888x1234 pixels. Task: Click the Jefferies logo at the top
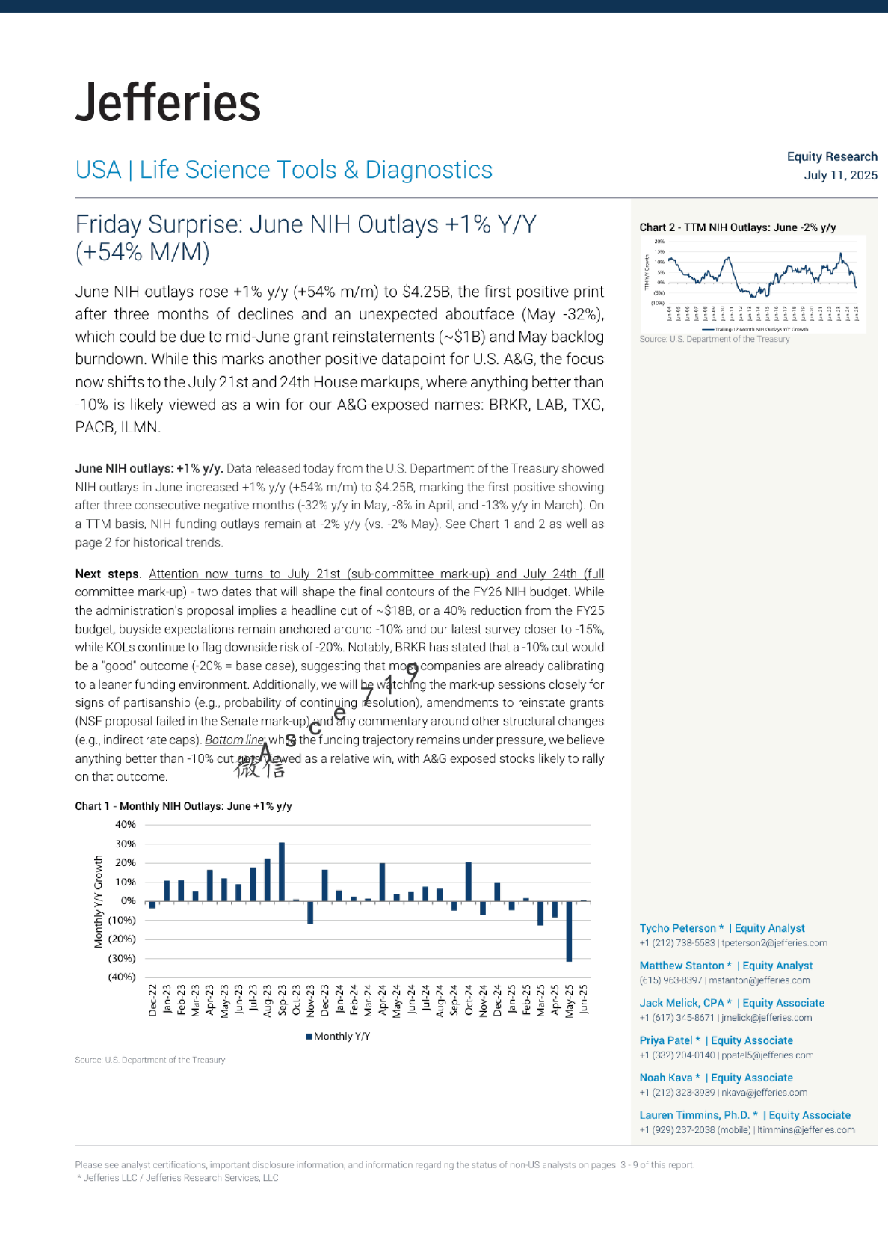coord(168,102)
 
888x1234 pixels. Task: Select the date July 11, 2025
coord(840,175)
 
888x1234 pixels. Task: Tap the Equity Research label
coord(832,156)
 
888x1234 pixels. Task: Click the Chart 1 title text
coord(183,806)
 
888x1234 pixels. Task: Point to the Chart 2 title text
coord(737,227)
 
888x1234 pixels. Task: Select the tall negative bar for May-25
coord(569,931)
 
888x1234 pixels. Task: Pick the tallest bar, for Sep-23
coord(282,872)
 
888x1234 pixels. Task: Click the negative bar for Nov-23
coord(310,912)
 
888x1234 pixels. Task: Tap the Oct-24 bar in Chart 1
coord(469,882)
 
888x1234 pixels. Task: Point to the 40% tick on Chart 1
coord(126,825)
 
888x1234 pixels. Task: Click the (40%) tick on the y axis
coord(123,977)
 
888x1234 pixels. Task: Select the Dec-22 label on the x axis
coord(153,1000)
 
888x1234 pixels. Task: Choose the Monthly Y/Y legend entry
coord(339,1036)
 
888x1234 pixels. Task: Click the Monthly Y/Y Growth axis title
coord(99,902)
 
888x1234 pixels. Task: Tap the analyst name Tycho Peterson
coord(677,928)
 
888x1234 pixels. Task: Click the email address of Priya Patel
coord(767,1055)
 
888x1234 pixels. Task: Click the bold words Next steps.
coord(108,574)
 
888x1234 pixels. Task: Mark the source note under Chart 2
coord(714,339)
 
